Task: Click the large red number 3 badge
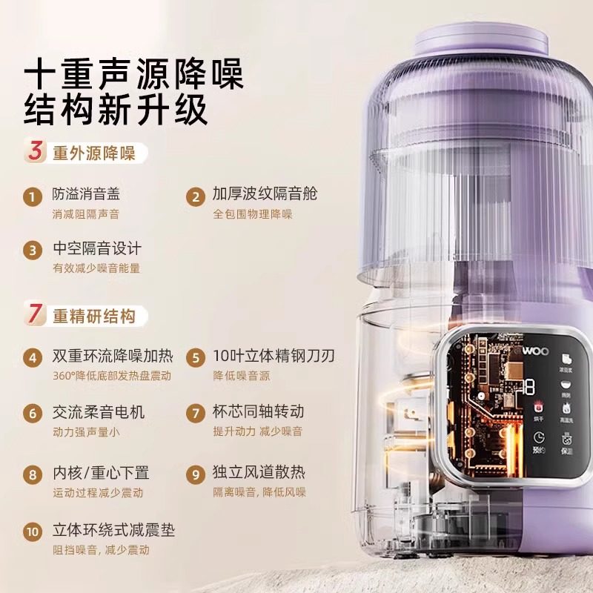pyautogui.click(x=34, y=153)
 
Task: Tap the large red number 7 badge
pyautogui.click(x=34, y=315)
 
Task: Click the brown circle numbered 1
pyautogui.click(x=32, y=197)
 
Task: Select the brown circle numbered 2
pyautogui.click(x=195, y=197)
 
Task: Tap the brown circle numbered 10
pyautogui.click(x=32, y=532)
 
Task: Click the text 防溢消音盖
pyautogui.click(x=86, y=194)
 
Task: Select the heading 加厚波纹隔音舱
pyautogui.click(x=265, y=194)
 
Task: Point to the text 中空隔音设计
pyautogui.click(x=96, y=248)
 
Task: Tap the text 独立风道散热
pyautogui.click(x=259, y=472)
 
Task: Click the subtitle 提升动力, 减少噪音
pyautogui.click(x=257, y=431)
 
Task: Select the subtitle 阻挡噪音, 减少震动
pyautogui.click(x=101, y=551)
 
